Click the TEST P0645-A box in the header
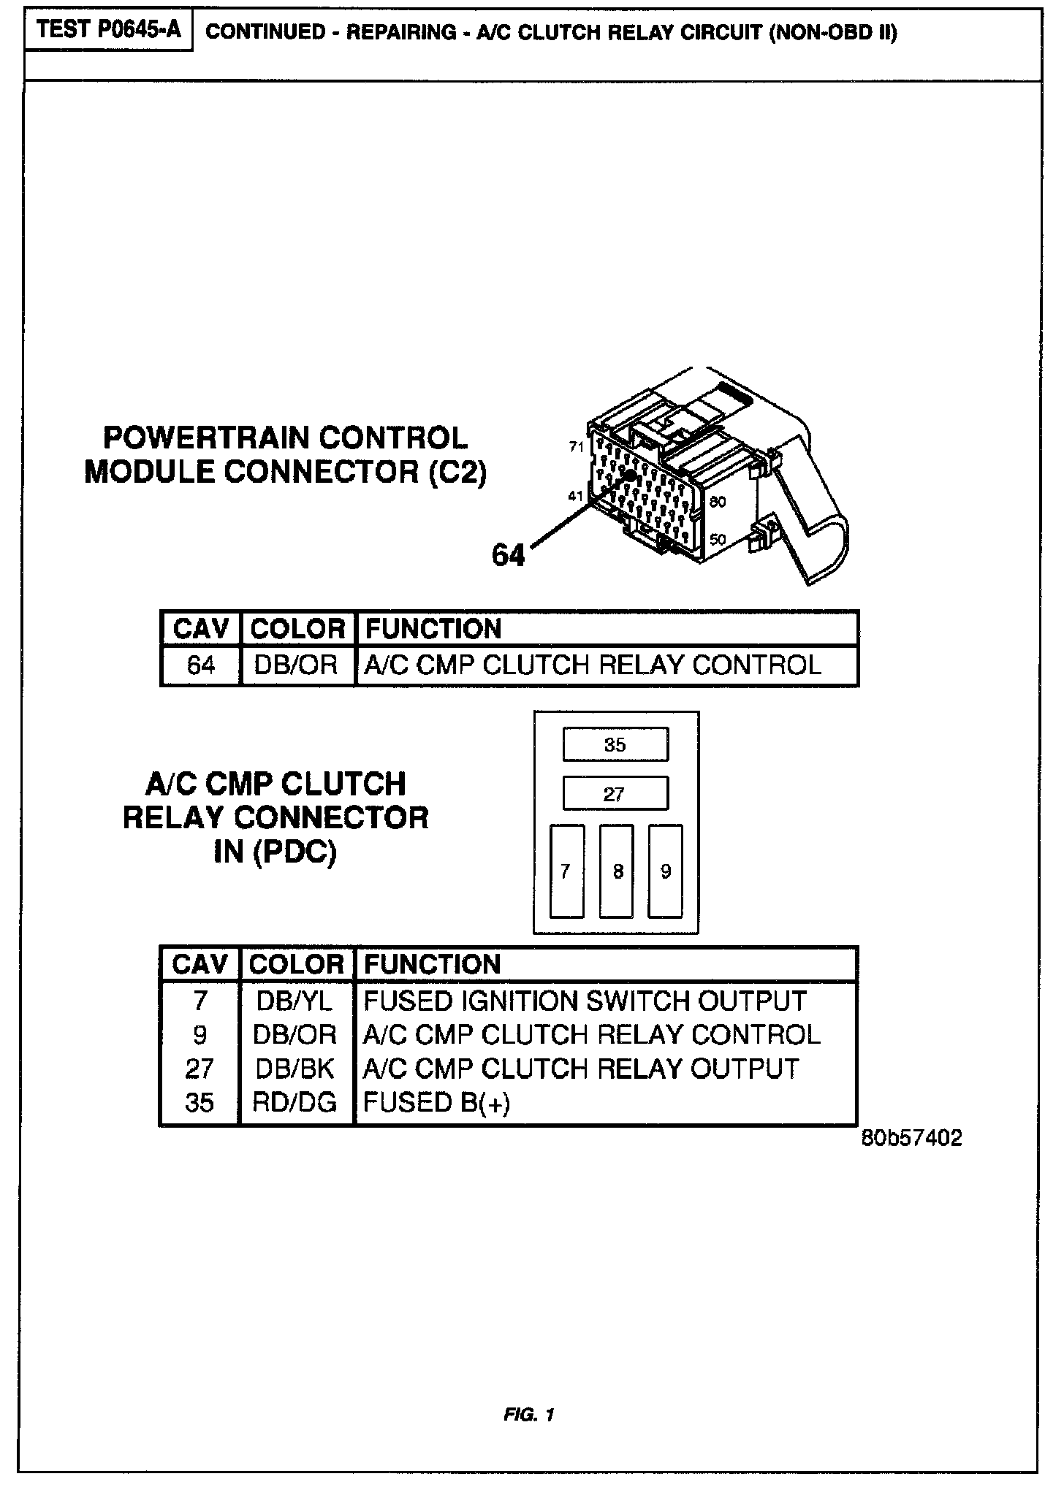(x=109, y=31)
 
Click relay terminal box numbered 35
(x=615, y=744)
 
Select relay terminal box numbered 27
(x=615, y=793)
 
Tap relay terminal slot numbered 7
(x=566, y=871)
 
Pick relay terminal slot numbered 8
(x=617, y=871)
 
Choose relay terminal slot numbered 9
(x=666, y=871)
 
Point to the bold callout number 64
(x=508, y=555)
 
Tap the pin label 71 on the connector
(x=577, y=446)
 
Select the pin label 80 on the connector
(x=717, y=502)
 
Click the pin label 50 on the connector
(x=717, y=540)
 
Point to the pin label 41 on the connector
(x=576, y=497)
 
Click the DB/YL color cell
(x=295, y=1001)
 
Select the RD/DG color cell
(x=295, y=1101)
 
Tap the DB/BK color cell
(x=295, y=1069)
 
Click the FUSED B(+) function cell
(x=437, y=1101)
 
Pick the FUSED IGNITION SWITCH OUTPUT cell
(x=585, y=1001)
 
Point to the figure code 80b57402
(x=911, y=1138)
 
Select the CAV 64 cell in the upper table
(x=200, y=665)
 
